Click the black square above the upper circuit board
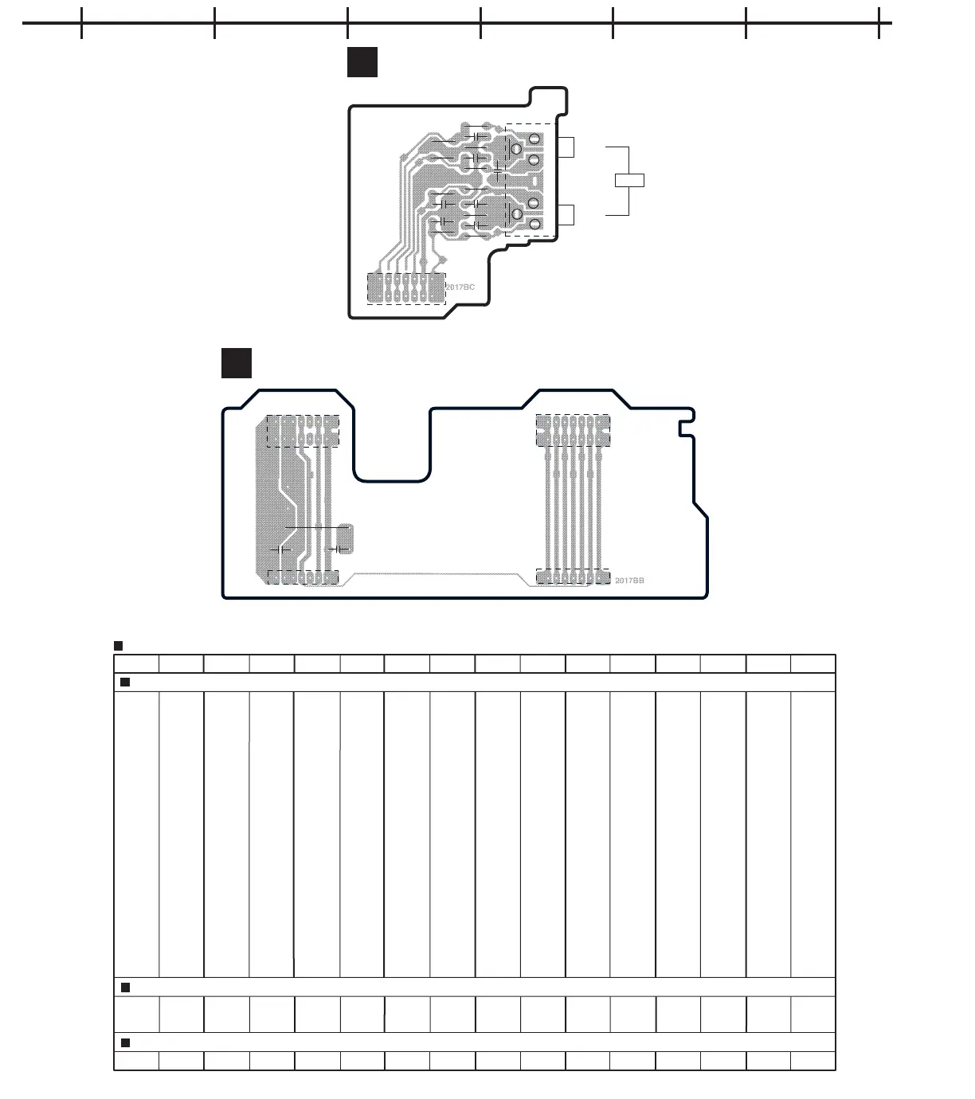click(x=362, y=63)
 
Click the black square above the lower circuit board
click(x=237, y=363)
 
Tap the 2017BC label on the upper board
click(x=460, y=287)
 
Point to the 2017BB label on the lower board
click(x=629, y=581)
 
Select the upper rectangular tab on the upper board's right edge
click(x=566, y=147)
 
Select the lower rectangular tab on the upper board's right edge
click(x=566, y=215)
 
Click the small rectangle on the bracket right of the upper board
click(x=629, y=180)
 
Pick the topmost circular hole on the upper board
click(x=533, y=139)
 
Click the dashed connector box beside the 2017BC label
click(x=405, y=288)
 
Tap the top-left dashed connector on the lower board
click(x=302, y=430)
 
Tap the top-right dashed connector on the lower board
click(x=573, y=429)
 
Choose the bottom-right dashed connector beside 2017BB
click(x=573, y=577)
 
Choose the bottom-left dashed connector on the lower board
click(x=303, y=577)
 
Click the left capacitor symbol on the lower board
click(x=280, y=549)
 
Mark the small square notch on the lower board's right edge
click(x=686, y=428)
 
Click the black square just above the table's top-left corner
click(x=118, y=646)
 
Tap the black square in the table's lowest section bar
click(x=125, y=1042)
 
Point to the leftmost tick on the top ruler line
click(x=82, y=23)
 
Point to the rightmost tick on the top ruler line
click(x=879, y=23)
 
